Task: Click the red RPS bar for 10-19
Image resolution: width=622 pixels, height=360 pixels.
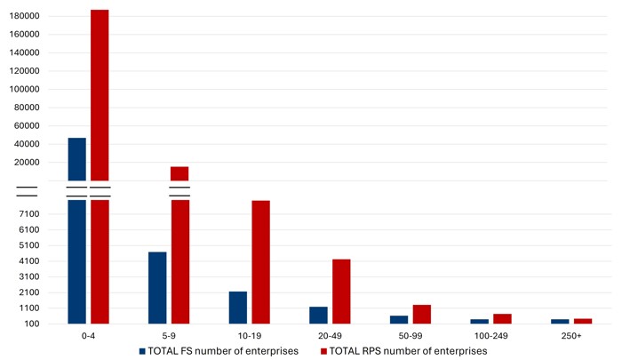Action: [x=260, y=262]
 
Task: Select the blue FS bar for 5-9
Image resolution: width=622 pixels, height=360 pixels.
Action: [x=157, y=287]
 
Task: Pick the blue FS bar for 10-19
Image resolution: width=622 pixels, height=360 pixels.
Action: [x=237, y=307]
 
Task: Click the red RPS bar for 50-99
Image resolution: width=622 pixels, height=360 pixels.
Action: [x=421, y=314]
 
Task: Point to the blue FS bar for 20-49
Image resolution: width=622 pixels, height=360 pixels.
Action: [x=318, y=315]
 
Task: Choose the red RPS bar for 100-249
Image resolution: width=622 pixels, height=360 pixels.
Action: [x=502, y=318]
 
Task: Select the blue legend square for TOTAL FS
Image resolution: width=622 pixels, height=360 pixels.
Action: [x=142, y=351]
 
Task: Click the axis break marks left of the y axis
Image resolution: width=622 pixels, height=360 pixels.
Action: [x=27, y=191]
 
